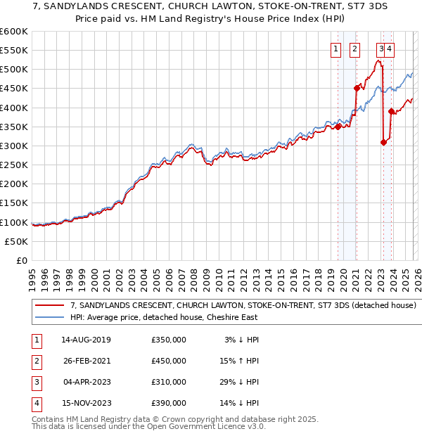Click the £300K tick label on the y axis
click(13, 146)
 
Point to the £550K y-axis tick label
click(13, 51)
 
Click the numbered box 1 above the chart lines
click(335, 49)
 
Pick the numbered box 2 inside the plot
click(354, 49)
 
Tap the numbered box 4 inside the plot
click(389, 49)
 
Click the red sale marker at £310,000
click(383, 142)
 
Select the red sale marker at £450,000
click(357, 89)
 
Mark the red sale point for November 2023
click(391, 111)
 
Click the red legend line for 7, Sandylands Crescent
click(49, 306)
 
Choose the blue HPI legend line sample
click(49, 317)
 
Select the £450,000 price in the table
click(169, 361)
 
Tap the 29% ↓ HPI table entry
click(241, 382)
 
